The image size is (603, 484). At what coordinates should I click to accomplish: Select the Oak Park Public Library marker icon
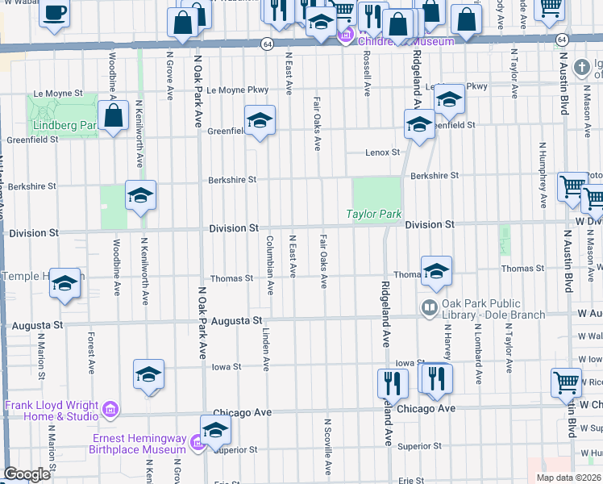[429, 307]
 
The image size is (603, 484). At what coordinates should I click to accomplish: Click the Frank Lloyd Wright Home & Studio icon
[111, 411]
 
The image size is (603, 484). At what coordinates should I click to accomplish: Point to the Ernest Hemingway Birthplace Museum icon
[194, 442]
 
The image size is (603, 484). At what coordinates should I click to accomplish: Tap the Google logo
[27, 474]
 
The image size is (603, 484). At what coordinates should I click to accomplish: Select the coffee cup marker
[55, 13]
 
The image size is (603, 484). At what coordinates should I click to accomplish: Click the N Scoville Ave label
[327, 445]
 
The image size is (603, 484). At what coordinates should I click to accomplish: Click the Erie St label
[410, 481]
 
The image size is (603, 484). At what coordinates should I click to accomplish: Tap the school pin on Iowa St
[148, 374]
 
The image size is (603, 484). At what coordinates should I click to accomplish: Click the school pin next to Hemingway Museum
[215, 431]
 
